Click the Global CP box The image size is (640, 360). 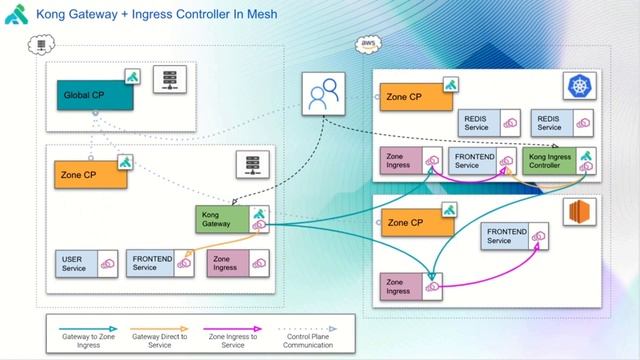click(94, 95)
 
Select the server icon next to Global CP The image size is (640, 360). click(169, 81)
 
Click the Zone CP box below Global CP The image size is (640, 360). click(91, 173)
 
